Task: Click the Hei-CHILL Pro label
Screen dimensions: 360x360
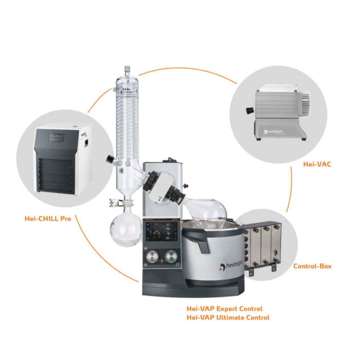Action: tap(47, 218)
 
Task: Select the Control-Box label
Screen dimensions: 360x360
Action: tap(312, 266)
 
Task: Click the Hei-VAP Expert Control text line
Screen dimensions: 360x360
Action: tap(224, 309)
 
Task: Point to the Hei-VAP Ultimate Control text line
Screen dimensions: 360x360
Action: tap(228, 317)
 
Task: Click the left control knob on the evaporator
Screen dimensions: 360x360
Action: tap(152, 257)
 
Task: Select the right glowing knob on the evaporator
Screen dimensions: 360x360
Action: tap(171, 257)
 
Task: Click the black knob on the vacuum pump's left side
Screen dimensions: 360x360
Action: tap(248, 109)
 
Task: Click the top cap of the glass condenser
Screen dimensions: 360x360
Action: tap(127, 70)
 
